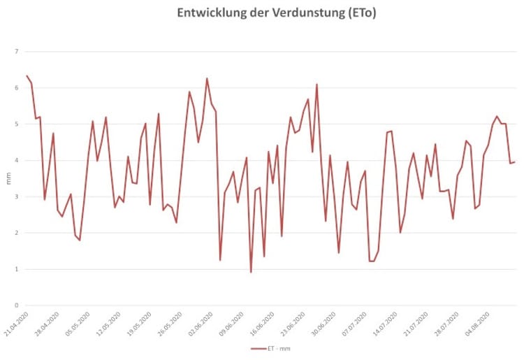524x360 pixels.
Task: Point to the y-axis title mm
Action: click(x=8, y=178)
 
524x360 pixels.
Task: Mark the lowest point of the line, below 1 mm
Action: click(x=251, y=272)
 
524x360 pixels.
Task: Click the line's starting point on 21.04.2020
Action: click(x=27, y=75)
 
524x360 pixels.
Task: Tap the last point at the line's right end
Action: click(x=515, y=162)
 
